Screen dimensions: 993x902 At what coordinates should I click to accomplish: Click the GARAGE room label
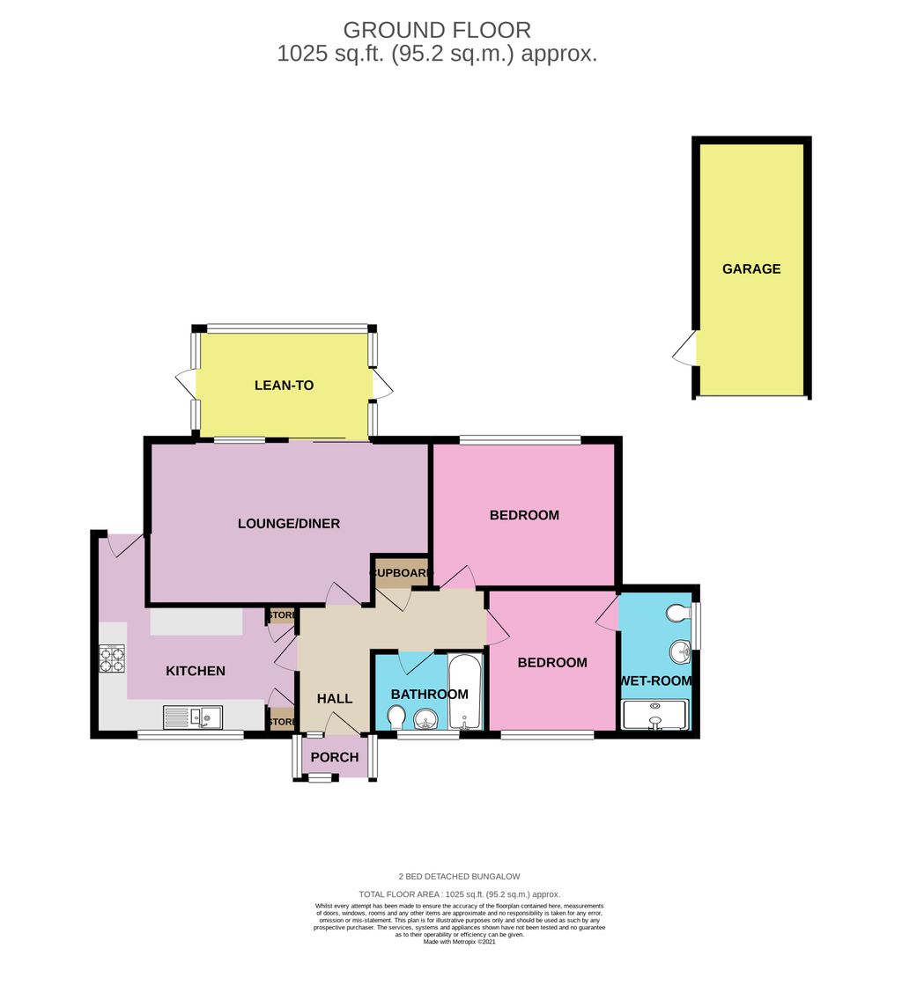point(751,269)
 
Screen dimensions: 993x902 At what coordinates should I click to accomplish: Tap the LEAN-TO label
point(284,386)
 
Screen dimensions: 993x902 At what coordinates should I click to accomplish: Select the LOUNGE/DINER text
point(289,524)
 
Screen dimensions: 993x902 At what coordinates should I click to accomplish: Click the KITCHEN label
point(196,671)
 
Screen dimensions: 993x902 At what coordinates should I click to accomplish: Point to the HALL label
point(335,699)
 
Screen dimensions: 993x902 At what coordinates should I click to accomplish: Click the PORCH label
point(335,757)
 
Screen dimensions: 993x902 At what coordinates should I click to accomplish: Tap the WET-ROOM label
point(656,680)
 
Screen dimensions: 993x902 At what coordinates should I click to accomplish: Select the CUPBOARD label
point(402,573)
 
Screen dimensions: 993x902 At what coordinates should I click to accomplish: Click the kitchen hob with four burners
point(112,659)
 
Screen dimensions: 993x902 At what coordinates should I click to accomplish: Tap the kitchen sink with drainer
point(193,718)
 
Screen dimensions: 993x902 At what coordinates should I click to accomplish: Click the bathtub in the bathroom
point(465,691)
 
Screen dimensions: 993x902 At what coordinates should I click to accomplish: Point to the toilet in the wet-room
point(678,613)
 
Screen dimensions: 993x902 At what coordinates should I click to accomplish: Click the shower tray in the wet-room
point(654,715)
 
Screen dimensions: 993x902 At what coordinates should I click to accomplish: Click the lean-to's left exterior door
point(185,385)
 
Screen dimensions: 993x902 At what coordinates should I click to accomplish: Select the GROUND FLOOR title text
point(437,31)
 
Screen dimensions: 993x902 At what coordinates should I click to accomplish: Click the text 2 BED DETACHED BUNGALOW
point(458,877)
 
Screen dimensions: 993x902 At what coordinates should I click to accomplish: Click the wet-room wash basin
point(680,652)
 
